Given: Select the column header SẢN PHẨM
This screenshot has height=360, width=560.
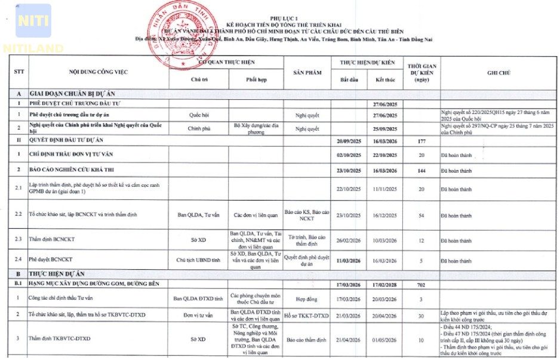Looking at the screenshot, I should coord(307,72).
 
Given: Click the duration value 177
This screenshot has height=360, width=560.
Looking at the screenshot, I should coord(421,141).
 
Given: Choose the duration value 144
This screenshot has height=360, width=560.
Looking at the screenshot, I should coord(421,170).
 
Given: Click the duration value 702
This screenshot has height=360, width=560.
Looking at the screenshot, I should coord(421,285).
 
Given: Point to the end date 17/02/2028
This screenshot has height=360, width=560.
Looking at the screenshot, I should coord(384,285).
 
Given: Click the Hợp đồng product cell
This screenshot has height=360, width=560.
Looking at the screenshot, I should coord(307,299).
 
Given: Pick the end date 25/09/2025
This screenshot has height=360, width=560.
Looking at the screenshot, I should coord(384,128).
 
